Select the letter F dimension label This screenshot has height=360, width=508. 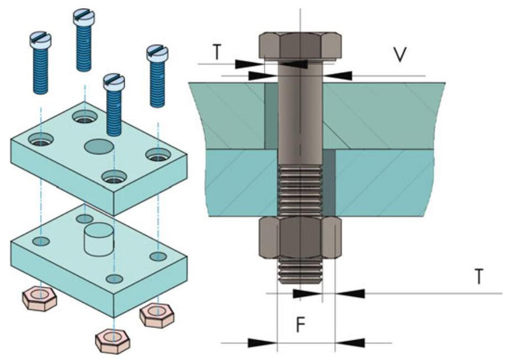[299, 325]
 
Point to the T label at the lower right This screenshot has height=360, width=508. [480, 277]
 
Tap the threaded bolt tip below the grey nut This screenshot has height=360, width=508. [300, 270]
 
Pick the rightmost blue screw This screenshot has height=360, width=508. [157, 77]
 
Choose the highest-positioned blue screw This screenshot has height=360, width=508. [84, 39]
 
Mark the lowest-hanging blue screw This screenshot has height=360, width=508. [114, 105]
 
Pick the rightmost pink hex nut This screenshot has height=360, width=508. [157, 316]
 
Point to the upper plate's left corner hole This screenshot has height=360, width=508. [40, 138]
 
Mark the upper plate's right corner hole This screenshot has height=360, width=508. [158, 155]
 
